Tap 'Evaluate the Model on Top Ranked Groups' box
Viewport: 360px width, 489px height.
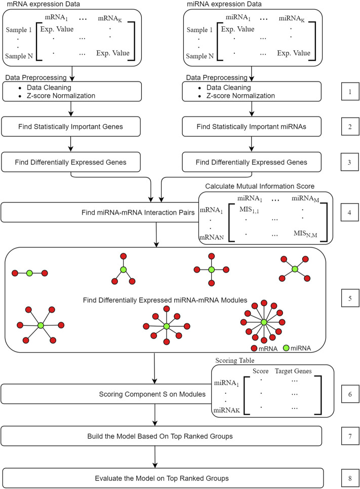pos(162,477)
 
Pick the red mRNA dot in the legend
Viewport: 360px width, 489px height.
pos(255,348)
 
